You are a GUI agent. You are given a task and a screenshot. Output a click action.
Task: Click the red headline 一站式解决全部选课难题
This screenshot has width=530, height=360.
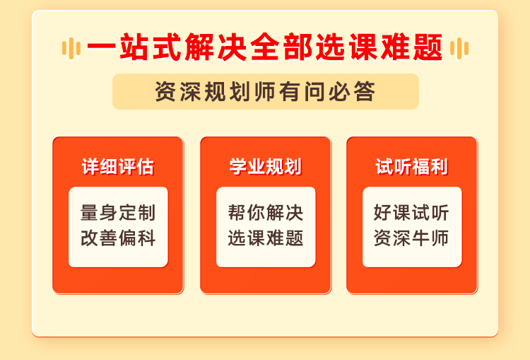[265, 47]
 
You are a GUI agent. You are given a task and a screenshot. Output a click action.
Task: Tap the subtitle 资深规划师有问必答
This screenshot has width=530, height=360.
[265, 91]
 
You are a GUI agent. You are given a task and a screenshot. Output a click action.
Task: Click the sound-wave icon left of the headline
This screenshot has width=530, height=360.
[71, 48]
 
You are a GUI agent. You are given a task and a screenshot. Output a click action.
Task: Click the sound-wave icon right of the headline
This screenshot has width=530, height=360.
[459, 48]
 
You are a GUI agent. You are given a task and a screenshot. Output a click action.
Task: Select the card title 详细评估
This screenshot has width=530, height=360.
[118, 166]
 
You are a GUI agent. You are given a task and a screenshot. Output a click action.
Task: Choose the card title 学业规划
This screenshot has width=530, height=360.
[265, 166]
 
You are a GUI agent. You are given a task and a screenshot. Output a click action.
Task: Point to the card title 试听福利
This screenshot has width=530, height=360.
[412, 166]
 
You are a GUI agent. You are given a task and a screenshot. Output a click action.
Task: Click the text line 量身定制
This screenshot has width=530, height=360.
[118, 212]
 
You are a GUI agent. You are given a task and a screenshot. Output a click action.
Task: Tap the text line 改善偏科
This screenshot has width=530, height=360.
[118, 238]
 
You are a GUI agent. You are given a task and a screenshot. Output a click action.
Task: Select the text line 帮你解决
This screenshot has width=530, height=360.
[266, 212]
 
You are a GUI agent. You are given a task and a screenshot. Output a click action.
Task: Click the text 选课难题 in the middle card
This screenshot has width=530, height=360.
[266, 238]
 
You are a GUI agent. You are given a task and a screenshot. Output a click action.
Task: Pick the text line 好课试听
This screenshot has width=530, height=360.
[412, 212]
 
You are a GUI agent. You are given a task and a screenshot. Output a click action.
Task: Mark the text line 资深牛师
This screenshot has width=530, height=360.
[412, 238]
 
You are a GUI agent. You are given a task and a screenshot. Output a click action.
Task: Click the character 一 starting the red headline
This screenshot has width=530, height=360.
[101, 47]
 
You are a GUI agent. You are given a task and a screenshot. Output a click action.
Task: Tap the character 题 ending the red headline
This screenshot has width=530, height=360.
[428, 47]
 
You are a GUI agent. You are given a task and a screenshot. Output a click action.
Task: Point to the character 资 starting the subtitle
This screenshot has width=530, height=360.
[165, 91]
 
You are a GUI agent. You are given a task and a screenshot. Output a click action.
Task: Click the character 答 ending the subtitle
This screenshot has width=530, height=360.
[365, 91]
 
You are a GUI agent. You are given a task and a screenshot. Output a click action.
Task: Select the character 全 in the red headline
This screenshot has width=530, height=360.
[265, 47]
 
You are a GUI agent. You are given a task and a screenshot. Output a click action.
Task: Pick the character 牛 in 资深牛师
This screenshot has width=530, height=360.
[421, 238]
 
